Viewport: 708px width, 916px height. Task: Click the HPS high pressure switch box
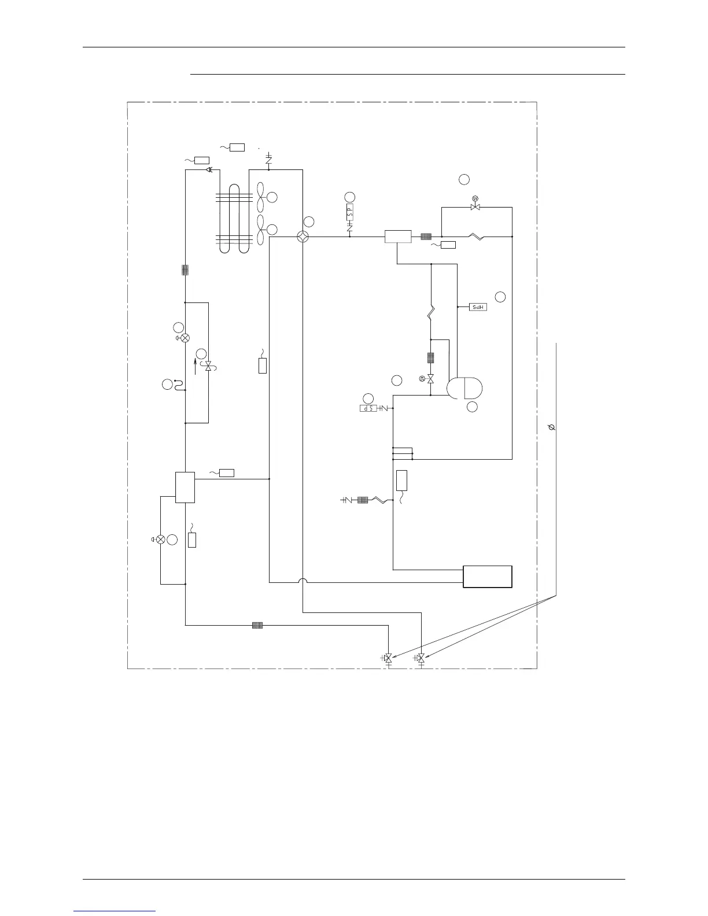pos(478,307)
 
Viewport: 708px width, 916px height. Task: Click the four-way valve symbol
pos(303,237)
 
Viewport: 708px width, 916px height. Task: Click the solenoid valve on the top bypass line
pos(475,206)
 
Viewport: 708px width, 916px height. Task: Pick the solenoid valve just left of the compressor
pos(430,378)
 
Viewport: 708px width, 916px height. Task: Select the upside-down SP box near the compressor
pos(368,408)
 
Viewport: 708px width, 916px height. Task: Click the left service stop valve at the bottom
pos(388,658)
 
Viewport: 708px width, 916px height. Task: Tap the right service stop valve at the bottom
pos(421,658)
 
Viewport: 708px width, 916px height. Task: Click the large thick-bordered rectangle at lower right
pos(488,577)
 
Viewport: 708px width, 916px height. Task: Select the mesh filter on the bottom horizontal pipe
pos(257,625)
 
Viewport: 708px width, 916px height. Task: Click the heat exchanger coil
pos(234,218)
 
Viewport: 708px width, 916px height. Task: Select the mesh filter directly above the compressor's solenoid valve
pos(430,358)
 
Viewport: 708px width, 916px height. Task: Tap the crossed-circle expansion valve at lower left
pos(161,540)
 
